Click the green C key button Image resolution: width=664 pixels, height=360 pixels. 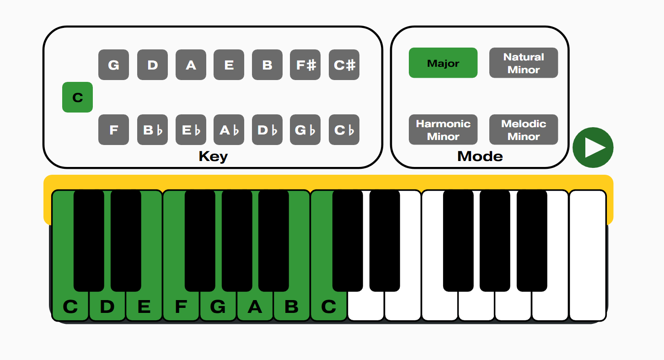point(77,97)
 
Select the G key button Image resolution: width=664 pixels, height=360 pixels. point(113,65)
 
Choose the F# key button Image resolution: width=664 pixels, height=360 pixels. point(305,65)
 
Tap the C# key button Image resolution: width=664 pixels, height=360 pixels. point(344,65)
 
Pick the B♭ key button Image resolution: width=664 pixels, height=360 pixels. point(152,130)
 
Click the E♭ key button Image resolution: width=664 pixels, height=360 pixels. point(191,130)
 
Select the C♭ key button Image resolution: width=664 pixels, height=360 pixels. point(344,130)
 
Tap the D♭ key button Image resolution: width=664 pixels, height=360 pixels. point(267,130)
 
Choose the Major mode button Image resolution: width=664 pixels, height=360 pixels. point(443,63)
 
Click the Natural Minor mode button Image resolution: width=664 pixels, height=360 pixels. point(524,63)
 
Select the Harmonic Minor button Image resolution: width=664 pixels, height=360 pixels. point(443,130)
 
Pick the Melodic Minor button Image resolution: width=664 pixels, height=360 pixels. point(524,130)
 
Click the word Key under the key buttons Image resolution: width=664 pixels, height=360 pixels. point(213,157)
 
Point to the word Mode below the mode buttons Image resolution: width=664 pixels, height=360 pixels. point(480,157)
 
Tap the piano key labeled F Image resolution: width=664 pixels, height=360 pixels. point(181,306)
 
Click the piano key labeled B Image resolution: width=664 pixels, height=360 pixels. point(292,306)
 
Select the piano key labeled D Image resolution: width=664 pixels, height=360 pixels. point(107,306)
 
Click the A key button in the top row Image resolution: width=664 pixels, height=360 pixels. point(191,65)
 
